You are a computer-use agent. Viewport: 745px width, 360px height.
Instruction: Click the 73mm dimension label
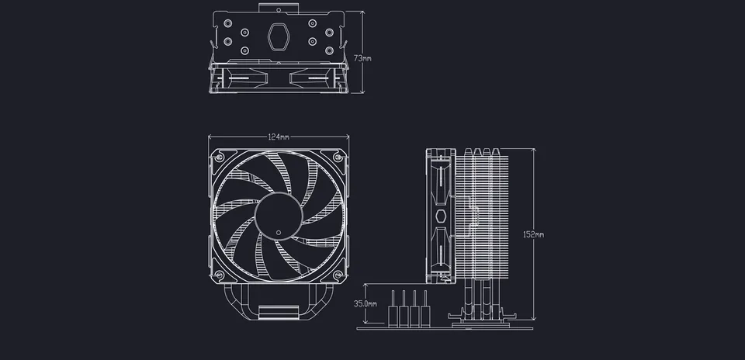tap(362, 58)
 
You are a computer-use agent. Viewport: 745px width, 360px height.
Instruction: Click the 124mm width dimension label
tap(279, 137)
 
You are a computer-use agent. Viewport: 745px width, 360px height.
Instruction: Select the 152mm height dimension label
tap(533, 234)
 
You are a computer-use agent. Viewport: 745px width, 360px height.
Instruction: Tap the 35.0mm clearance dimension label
tap(365, 303)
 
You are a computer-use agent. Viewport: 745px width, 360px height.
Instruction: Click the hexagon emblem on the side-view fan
tap(440, 215)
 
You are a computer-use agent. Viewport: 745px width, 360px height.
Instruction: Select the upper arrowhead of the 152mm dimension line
tap(532, 150)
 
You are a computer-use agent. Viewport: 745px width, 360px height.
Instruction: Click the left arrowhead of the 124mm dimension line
tap(211, 137)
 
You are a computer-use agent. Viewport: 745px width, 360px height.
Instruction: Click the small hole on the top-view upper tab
tap(279, 10)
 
